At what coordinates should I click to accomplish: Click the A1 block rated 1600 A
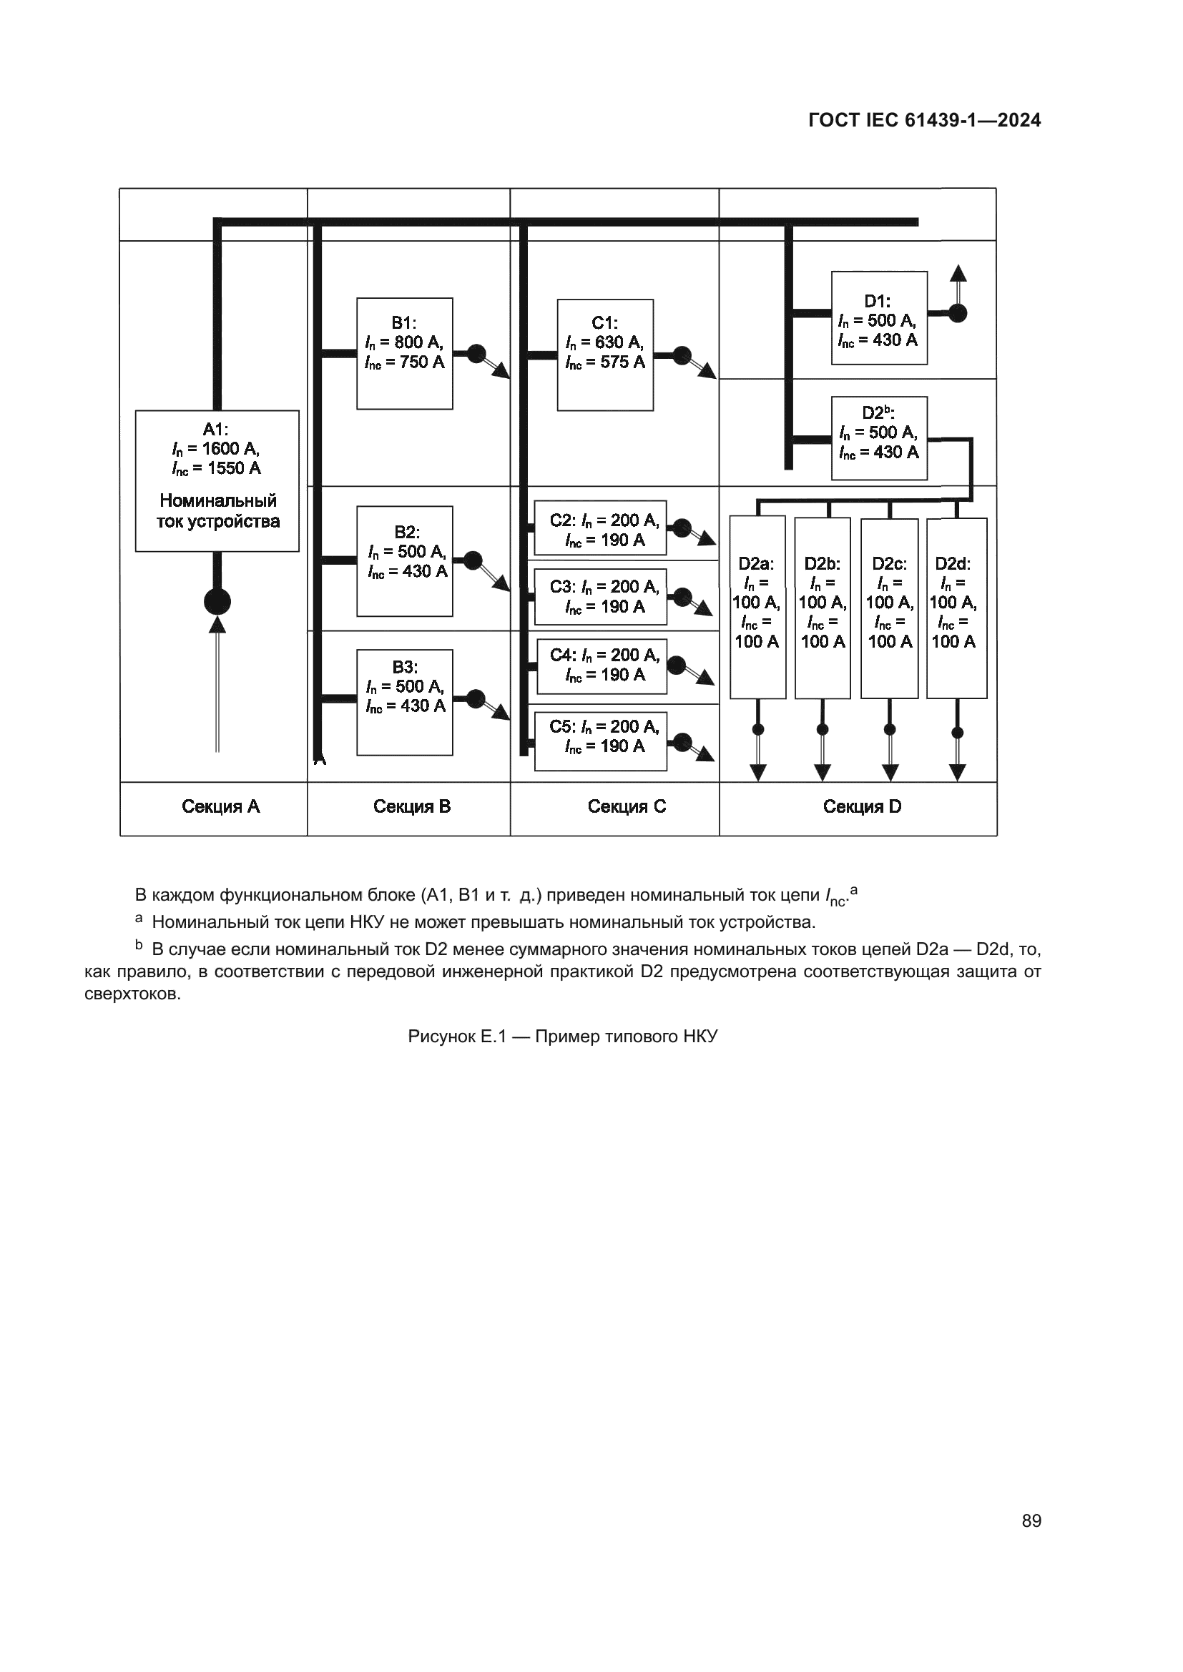217,480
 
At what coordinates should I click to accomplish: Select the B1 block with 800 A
404,353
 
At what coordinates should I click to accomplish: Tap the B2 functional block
404,560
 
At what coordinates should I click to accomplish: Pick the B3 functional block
404,702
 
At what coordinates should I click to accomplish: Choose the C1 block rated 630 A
604,355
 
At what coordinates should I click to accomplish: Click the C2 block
600,528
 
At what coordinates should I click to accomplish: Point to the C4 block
602,666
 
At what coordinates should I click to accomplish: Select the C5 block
600,741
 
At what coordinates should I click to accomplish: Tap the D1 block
878,317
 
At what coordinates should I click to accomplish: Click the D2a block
757,608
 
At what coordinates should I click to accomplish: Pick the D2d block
956,608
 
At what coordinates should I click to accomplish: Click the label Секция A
221,807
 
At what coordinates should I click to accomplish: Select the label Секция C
627,807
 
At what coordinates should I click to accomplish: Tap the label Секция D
862,807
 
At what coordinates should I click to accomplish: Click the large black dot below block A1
217,601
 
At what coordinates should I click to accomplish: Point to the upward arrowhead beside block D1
958,274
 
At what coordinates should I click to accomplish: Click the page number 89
1031,1520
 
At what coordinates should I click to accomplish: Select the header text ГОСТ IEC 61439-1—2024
924,121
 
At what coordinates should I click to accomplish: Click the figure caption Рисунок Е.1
562,1037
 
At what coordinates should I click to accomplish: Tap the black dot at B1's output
476,354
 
